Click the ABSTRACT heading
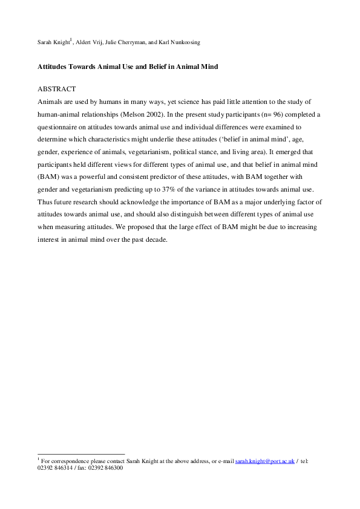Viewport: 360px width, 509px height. [x=55, y=89]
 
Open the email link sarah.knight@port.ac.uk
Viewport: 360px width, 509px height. [x=265, y=461]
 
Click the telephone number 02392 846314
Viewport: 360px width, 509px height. [x=56, y=467]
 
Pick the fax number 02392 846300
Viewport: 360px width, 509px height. [x=106, y=467]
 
